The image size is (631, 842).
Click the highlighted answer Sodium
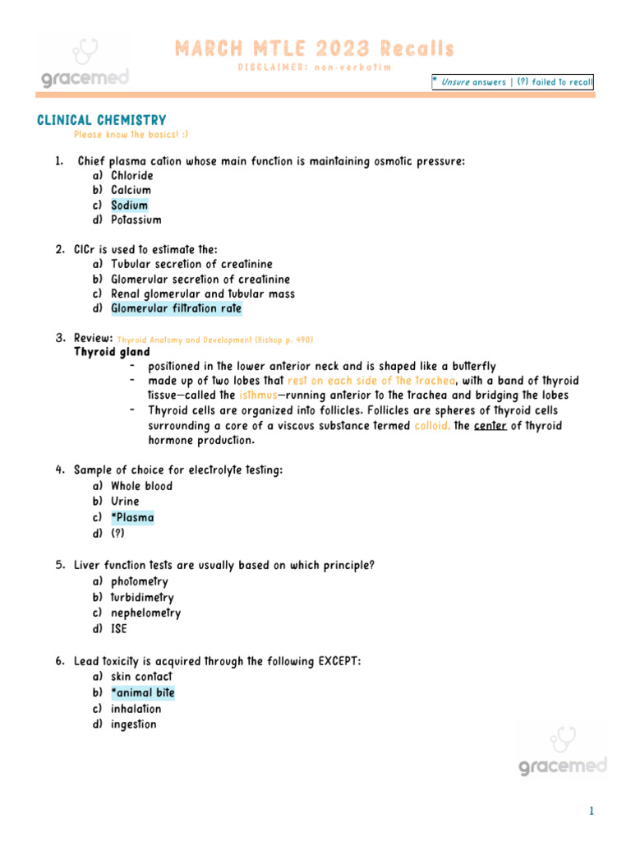coord(130,206)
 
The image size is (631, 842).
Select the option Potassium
coord(136,220)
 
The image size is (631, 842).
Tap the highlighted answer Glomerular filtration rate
coord(176,309)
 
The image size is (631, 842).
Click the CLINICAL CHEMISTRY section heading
coord(102,121)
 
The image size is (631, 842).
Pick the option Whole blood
coord(141,486)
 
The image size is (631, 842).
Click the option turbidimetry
coord(142,598)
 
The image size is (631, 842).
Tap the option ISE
coord(119,630)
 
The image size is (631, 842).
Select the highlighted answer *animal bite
coord(142,693)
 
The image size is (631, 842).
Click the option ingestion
coord(133,724)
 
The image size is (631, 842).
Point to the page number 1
coord(590,812)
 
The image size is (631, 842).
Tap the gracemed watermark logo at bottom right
coord(563,750)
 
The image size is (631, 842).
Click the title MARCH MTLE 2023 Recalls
coord(314,49)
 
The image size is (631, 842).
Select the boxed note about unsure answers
coord(512,82)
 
